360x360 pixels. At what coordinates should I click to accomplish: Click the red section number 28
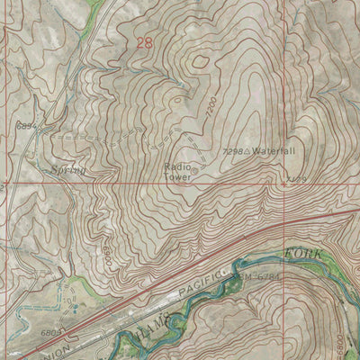pos(145,42)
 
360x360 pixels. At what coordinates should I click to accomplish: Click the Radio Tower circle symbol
pos(194,167)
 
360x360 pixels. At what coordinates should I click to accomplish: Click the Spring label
pos(67,168)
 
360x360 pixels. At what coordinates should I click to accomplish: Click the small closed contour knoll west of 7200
pos(199,59)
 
